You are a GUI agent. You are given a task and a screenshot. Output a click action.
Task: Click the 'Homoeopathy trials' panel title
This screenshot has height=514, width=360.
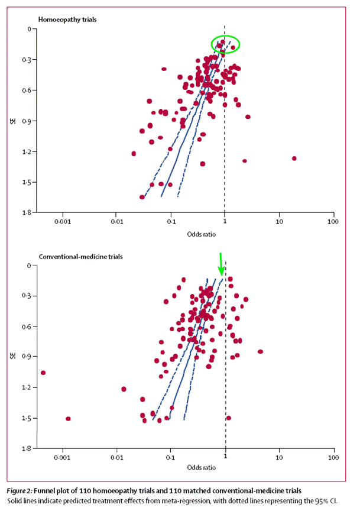pos(67,19)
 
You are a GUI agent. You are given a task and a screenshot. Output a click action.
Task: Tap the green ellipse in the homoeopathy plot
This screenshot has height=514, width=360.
pos(226,43)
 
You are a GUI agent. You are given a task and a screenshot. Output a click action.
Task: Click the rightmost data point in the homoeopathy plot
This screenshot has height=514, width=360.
pos(294,158)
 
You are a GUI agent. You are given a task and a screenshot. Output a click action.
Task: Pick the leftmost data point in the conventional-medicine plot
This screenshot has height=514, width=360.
pos(43,373)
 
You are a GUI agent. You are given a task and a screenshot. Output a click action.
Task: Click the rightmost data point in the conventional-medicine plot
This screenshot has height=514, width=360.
pos(260,351)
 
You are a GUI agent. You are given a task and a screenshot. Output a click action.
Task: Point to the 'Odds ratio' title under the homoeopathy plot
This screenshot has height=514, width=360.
pos(202,234)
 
